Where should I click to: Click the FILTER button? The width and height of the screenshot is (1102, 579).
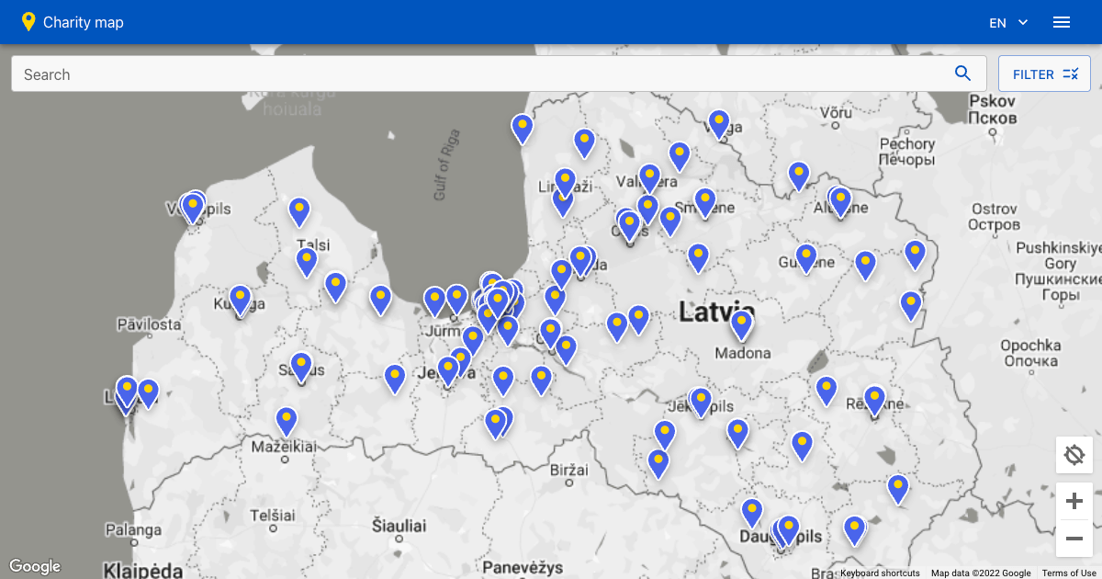1044,74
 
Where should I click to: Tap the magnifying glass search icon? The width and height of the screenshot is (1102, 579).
962,74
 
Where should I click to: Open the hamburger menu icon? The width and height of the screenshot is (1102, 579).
1062,22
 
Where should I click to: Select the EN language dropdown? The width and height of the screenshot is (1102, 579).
1007,23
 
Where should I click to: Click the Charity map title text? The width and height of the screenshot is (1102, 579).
83,22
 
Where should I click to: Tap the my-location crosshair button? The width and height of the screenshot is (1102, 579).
1074,455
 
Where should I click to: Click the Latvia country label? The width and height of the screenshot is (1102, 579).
716,312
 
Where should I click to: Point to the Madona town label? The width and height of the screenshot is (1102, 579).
742,353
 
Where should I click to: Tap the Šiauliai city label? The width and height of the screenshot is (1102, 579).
399,526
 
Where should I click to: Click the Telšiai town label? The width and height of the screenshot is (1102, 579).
273,515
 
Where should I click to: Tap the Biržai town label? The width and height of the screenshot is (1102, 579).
568,470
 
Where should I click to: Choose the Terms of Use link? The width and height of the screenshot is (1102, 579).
1069,573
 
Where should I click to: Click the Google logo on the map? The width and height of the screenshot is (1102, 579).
35,566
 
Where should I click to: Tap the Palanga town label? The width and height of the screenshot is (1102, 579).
133,529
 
